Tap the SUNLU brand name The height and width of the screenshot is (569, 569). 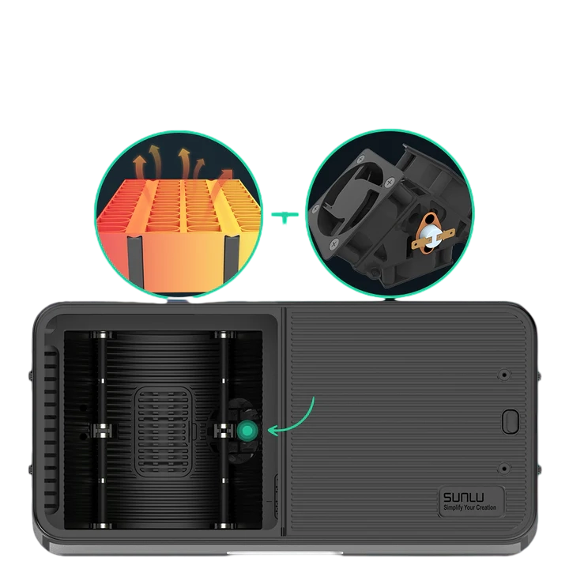[x=465, y=498]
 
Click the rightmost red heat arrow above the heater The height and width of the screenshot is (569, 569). [x=226, y=175]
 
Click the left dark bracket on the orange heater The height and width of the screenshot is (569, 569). [x=134, y=262]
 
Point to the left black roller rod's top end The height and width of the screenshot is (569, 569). [x=102, y=337]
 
